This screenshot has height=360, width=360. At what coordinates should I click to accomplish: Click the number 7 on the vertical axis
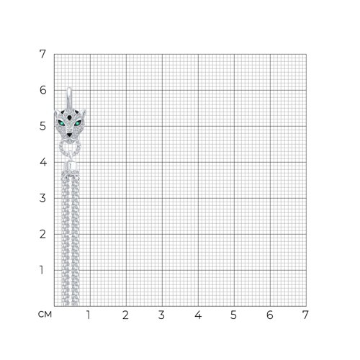coord(42,54)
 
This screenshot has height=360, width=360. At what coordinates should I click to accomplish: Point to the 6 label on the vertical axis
coord(42,90)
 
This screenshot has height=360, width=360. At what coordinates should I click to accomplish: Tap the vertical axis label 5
coord(42,126)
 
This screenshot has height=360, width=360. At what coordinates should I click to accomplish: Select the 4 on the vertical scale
coord(43,162)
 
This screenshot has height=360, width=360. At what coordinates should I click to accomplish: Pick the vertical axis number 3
coord(42,198)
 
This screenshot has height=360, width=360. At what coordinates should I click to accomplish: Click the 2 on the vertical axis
coord(42,234)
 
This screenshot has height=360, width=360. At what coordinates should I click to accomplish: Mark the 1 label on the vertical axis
coord(42,270)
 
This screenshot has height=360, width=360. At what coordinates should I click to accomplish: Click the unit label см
coord(45,315)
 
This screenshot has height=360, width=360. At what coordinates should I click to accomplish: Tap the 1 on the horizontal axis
coord(89,315)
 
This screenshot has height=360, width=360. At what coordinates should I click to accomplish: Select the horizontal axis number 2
coord(125,315)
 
